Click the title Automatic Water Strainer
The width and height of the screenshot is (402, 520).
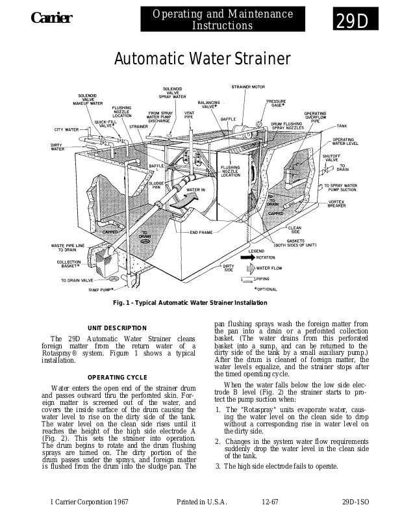[x=202, y=59]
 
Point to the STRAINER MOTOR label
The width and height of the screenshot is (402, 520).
[x=248, y=86]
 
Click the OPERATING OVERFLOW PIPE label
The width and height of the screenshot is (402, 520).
[x=316, y=117]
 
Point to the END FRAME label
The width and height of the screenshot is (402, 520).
[x=201, y=232]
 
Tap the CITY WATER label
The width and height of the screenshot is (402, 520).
[x=66, y=129]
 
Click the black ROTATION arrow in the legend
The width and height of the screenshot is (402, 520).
[x=248, y=257]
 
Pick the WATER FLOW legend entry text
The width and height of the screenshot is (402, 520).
[x=269, y=268]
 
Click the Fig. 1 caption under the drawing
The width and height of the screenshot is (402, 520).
[x=190, y=303]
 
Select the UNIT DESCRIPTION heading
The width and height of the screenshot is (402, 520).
[x=117, y=328]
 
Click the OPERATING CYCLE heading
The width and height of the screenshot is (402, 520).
[x=117, y=378]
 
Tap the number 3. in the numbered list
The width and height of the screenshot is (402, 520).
[x=218, y=467]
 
